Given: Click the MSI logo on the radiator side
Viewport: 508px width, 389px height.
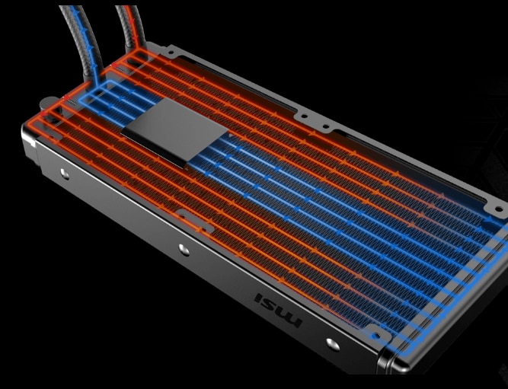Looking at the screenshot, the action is pos(279,310).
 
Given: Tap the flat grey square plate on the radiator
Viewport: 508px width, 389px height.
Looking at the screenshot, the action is pos(175,132).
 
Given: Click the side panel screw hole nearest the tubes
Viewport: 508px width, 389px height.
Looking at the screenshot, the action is pos(65,174).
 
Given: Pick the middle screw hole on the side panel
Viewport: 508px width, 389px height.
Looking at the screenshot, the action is pos(184,250).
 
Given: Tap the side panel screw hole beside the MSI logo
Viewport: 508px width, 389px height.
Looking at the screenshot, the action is pos(333,344).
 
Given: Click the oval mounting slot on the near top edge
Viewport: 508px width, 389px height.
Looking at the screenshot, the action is pos(196,221).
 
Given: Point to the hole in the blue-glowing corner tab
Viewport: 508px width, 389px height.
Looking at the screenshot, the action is pos(375,336).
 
